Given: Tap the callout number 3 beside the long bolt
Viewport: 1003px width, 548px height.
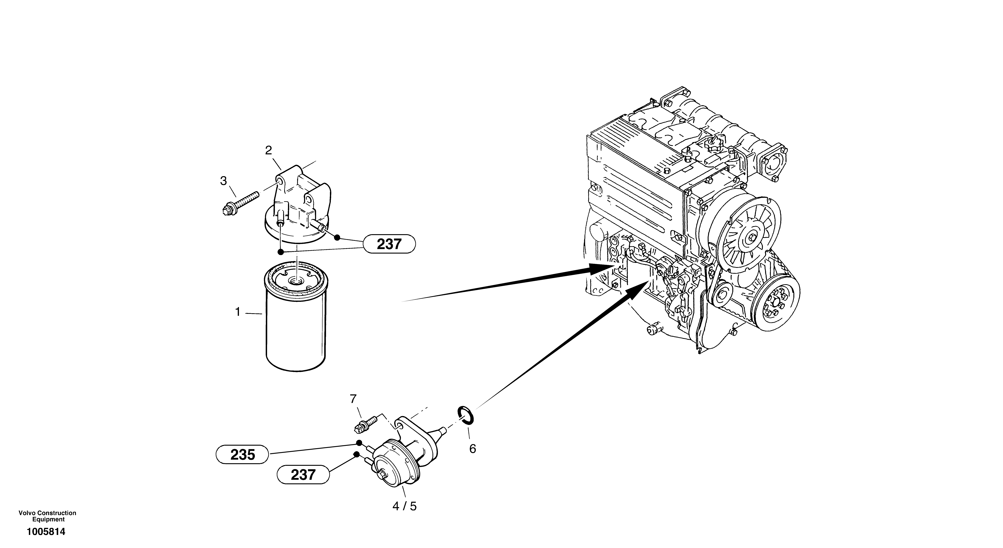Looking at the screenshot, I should (x=223, y=181).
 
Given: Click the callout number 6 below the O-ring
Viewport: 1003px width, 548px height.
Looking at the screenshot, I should (x=472, y=449).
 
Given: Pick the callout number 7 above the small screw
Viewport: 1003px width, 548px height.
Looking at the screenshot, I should (x=353, y=399).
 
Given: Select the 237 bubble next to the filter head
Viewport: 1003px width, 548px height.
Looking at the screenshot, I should (x=389, y=244).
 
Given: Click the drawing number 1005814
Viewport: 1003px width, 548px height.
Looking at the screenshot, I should (x=46, y=532).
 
